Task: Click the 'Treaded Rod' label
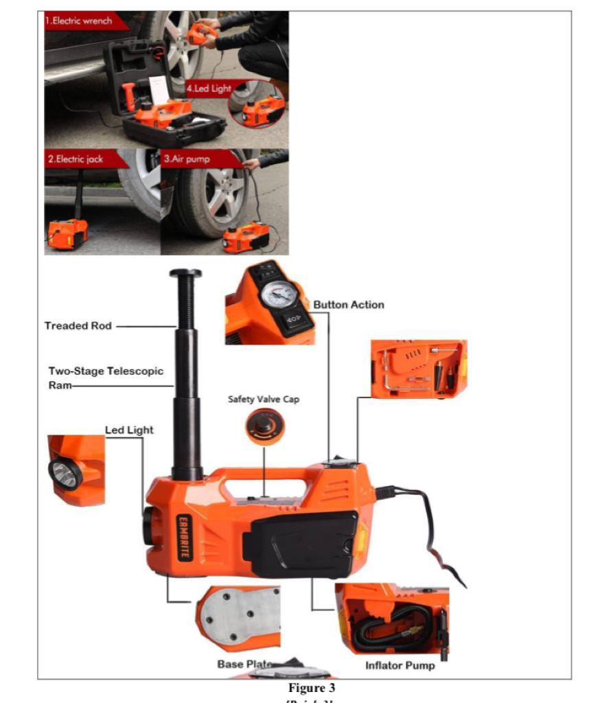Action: pos(78,325)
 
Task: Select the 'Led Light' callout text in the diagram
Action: pos(129,430)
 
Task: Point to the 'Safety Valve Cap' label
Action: pos(264,399)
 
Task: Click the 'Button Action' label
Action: pos(349,305)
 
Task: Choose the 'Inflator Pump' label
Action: pos(400,665)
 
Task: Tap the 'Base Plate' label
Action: pos(244,665)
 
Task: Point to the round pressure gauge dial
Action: pos(279,295)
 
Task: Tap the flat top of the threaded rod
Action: pos(186,273)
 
